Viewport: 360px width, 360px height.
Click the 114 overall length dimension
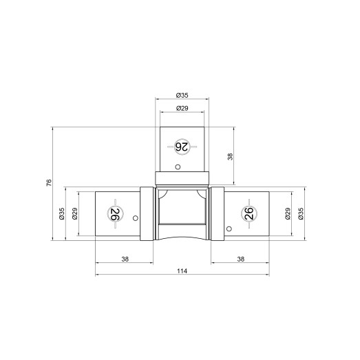point(182,271)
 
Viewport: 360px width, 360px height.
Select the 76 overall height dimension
point(49,182)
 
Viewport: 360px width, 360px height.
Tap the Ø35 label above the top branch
point(182,95)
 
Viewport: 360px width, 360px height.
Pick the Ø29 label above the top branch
point(182,108)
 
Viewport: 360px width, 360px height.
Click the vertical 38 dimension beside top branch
point(230,156)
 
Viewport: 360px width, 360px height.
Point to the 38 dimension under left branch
point(125,260)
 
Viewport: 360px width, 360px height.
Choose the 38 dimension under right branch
point(240,260)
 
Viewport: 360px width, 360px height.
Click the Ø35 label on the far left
point(62,214)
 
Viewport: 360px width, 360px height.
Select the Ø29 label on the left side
point(75,214)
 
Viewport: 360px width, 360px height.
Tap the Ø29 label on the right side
point(288,214)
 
